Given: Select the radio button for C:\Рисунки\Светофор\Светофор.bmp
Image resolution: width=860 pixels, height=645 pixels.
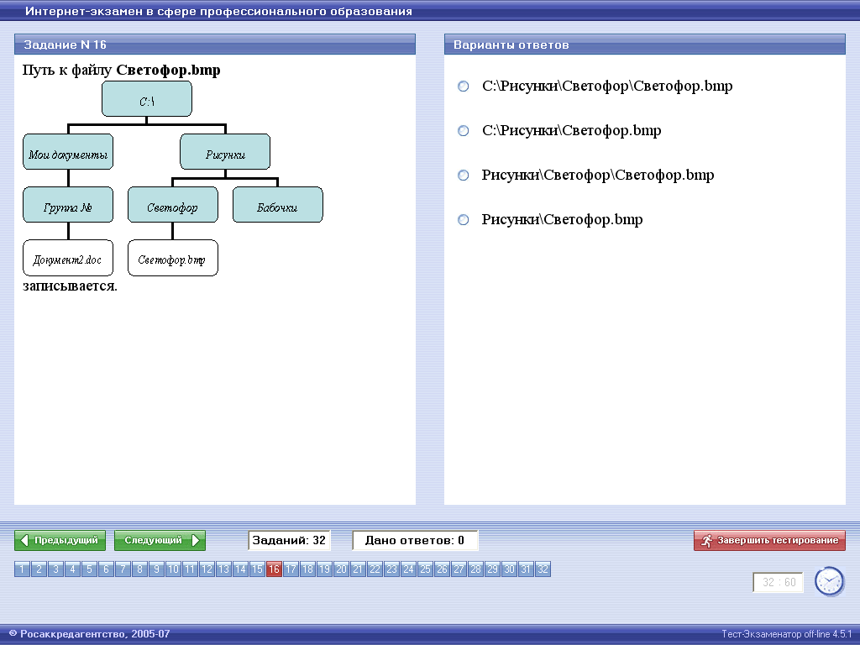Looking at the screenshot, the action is [464, 87].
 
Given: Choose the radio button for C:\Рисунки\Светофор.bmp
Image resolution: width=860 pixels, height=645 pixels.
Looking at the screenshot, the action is [464, 130].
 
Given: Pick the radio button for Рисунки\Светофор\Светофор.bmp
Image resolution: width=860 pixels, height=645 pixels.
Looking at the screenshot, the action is [464, 175].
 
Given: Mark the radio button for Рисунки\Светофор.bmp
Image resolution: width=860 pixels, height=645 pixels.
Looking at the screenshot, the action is [464, 219].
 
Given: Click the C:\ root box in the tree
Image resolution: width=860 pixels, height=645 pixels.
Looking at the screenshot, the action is [147, 99].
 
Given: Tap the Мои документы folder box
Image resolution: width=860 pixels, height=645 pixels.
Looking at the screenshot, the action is [68, 152].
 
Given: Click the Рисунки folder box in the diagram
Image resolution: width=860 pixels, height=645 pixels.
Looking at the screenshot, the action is [225, 152].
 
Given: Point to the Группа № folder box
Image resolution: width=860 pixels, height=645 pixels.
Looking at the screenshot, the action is [68, 205].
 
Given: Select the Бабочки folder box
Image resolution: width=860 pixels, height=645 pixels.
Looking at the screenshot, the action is [277, 205].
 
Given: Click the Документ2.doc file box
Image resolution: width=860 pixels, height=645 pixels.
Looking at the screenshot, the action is [68, 258].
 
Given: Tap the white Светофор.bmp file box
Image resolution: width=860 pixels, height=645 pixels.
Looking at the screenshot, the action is [173, 258].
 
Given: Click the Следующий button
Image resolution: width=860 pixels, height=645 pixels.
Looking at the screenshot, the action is [160, 540].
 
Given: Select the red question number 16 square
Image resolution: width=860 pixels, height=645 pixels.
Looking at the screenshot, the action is [274, 569].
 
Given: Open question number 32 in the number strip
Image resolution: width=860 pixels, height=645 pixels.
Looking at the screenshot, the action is [543, 569].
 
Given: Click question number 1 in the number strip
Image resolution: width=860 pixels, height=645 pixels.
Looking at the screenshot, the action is [22, 569].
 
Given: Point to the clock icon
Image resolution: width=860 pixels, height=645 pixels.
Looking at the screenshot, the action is [829, 581].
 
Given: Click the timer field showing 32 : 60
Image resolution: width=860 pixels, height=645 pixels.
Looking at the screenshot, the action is [779, 583].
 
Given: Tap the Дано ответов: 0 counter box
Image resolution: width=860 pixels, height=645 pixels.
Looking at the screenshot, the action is [415, 540].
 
